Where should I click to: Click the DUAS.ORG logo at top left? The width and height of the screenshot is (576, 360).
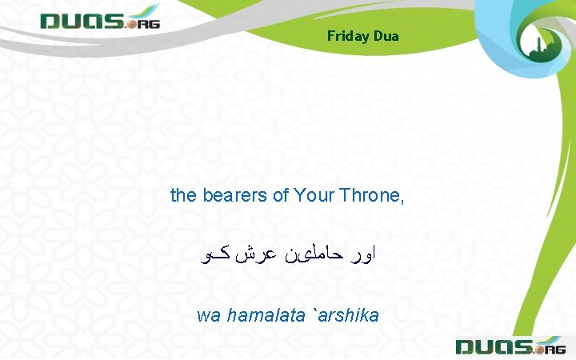(x=100, y=19)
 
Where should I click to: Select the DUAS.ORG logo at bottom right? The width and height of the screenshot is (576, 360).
(x=510, y=346)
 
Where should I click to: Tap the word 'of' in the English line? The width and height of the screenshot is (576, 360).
(x=280, y=194)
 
